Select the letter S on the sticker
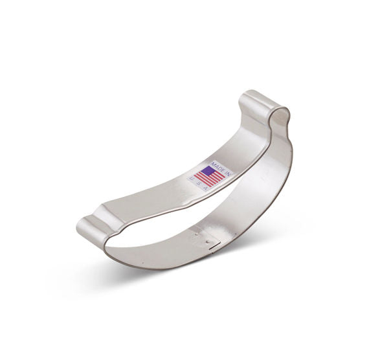point(199,183)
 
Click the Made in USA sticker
point(210,176)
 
